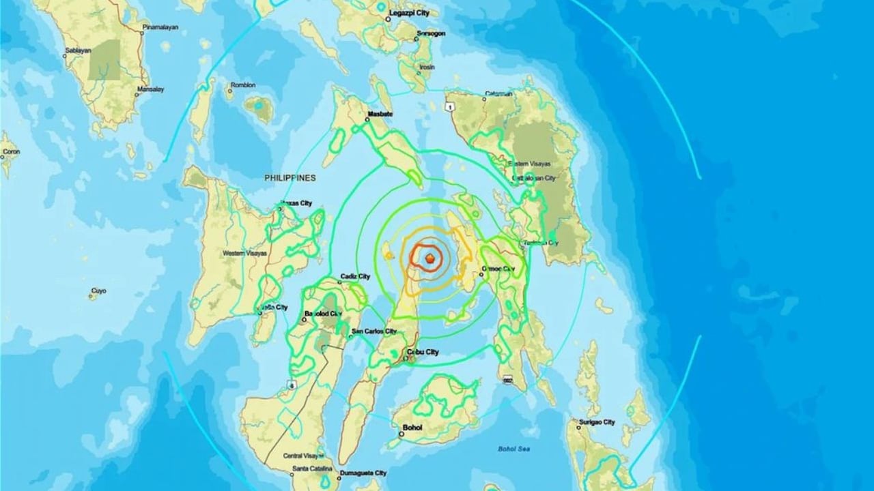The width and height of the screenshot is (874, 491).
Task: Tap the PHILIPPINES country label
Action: click(x=290, y=177)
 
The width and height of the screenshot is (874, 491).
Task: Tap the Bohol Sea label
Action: click(x=511, y=448)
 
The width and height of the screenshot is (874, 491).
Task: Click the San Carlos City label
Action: click(x=373, y=332)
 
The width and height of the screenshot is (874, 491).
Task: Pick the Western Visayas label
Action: click(x=244, y=254)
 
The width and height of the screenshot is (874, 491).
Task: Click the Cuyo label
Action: click(x=98, y=291)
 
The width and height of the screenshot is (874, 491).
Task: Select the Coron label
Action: click(x=10, y=154)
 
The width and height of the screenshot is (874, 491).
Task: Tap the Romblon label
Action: click(x=244, y=85)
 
